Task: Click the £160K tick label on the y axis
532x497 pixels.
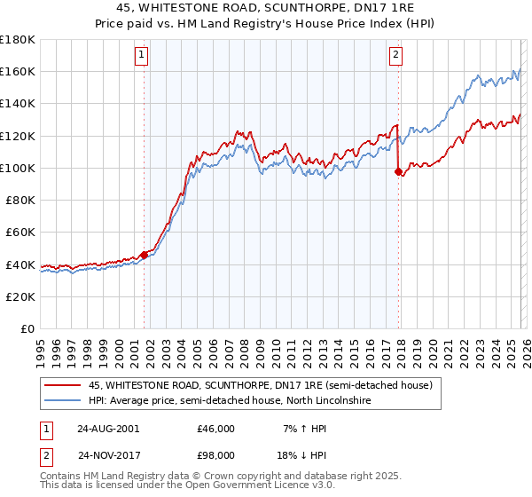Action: tap(18, 71)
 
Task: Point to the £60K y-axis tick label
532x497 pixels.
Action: tap(20, 232)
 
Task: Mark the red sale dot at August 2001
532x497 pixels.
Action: tap(144, 255)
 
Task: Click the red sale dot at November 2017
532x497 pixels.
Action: tap(398, 171)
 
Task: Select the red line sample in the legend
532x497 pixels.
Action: tap(63, 386)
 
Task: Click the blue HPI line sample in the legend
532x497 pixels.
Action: tap(63, 401)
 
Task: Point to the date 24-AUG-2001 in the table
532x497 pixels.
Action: tap(107, 429)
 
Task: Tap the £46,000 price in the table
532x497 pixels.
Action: tap(215, 429)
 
